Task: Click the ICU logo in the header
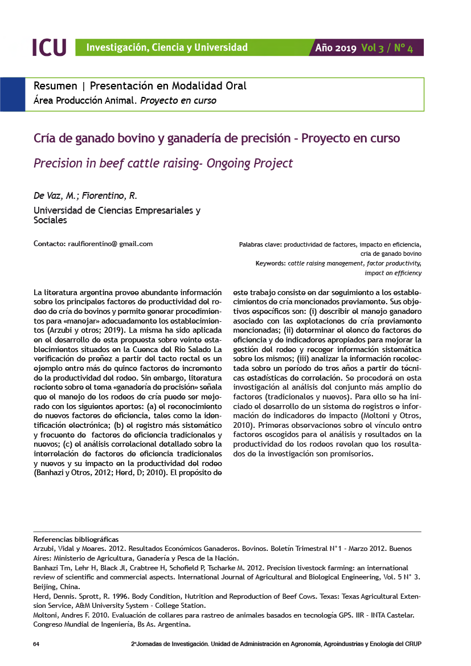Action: (x=49, y=47)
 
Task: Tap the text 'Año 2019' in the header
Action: (x=336, y=48)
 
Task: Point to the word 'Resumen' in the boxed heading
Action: (x=55, y=86)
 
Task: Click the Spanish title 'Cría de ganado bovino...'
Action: (x=216, y=138)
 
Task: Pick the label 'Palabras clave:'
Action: (x=260, y=244)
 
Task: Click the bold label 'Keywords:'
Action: (x=271, y=264)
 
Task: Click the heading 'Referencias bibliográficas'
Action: (x=76, y=539)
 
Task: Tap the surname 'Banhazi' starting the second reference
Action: (x=47, y=568)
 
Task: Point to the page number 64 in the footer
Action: (x=36, y=644)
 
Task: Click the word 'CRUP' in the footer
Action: (x=412, y=644)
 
